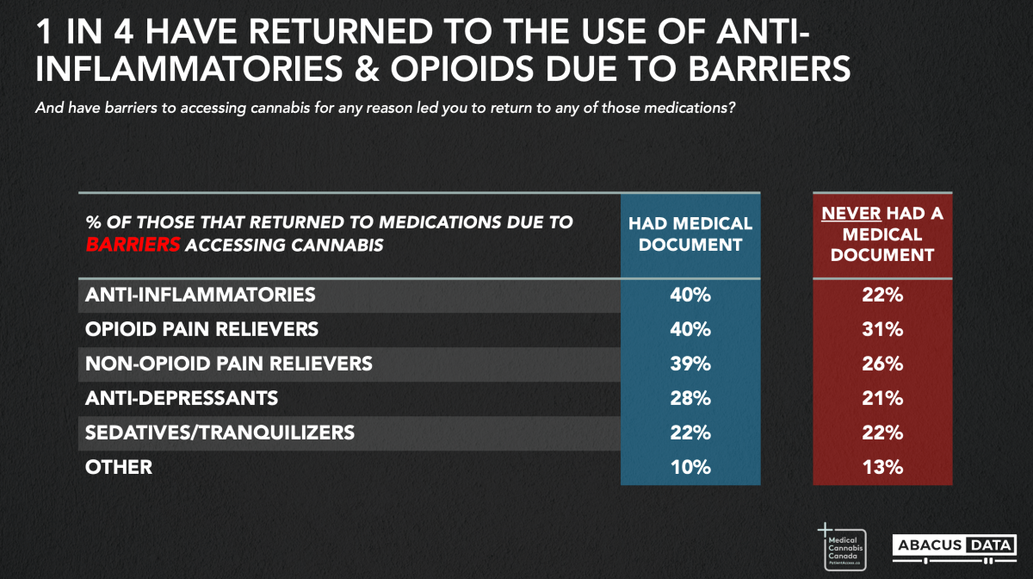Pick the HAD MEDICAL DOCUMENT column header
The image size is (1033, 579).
pos(690,233)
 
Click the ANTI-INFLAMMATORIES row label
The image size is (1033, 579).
pos(200,295)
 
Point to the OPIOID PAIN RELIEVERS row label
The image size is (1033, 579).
pos(201,329)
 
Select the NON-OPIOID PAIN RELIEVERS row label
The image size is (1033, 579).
pos(229,364)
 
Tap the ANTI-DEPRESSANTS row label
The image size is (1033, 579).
pos(182,398)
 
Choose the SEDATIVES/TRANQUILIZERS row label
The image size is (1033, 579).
pos(220,433)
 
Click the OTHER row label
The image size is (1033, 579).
pos(119,467)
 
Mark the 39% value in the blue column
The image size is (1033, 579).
pos(690,364)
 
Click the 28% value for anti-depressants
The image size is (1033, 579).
pos(690,398)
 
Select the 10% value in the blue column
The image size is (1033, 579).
pos(690,467)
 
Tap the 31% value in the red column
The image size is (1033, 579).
pos(882,329)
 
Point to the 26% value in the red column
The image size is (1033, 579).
pos(882,364)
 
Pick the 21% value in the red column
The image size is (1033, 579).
pos(882,398)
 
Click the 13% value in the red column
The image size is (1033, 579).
pos(882,467)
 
